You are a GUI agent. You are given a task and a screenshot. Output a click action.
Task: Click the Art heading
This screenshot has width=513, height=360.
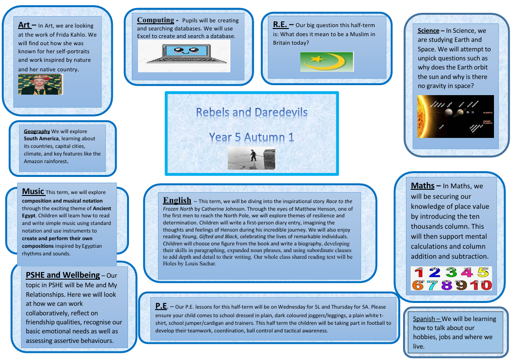24,25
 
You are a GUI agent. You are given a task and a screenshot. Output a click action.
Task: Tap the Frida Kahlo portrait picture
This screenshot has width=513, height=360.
40,84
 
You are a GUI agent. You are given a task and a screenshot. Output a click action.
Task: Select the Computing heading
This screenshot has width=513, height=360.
156,20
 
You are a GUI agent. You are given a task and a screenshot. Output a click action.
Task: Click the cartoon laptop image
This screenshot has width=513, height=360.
184,56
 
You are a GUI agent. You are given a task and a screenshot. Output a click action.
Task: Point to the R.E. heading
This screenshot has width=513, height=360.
280,25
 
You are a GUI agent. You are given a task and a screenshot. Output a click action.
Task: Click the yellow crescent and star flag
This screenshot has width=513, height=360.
327,61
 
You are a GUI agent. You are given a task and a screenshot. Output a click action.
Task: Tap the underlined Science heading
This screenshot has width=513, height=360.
428,31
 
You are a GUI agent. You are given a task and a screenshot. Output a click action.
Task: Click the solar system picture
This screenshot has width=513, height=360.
455,117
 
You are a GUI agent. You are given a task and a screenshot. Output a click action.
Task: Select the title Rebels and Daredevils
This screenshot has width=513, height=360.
252,112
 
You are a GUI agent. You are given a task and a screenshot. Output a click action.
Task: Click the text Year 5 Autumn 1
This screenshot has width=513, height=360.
251,137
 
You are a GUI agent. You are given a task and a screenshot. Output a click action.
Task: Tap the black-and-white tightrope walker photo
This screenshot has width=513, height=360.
251,158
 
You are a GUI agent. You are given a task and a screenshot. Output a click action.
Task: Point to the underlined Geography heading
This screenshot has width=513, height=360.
37,131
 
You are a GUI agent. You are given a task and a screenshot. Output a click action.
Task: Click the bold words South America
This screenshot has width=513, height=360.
41,139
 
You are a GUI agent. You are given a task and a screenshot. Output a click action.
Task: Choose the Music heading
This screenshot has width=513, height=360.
33,191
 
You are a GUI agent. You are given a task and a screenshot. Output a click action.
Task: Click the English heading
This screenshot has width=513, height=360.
177,200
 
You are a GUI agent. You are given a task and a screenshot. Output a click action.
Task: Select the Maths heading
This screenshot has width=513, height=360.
423,186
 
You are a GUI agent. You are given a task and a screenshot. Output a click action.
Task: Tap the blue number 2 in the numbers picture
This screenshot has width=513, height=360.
434,272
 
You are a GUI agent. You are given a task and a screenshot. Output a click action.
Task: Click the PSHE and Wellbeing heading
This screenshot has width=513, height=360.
63,275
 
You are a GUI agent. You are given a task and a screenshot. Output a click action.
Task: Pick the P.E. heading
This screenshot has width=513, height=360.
161,306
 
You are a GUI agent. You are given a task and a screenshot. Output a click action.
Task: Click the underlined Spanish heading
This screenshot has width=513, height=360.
424,319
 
